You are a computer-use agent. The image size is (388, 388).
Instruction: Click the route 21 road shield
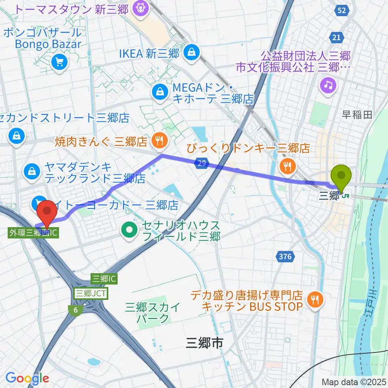coord(337,37)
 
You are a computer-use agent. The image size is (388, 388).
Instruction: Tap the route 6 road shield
coord(75,310)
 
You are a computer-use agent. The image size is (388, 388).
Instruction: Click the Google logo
coord(27,378)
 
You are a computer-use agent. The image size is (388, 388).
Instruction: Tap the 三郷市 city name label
coord(205,343)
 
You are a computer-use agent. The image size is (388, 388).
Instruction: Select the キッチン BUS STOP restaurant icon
coord(315,299)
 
